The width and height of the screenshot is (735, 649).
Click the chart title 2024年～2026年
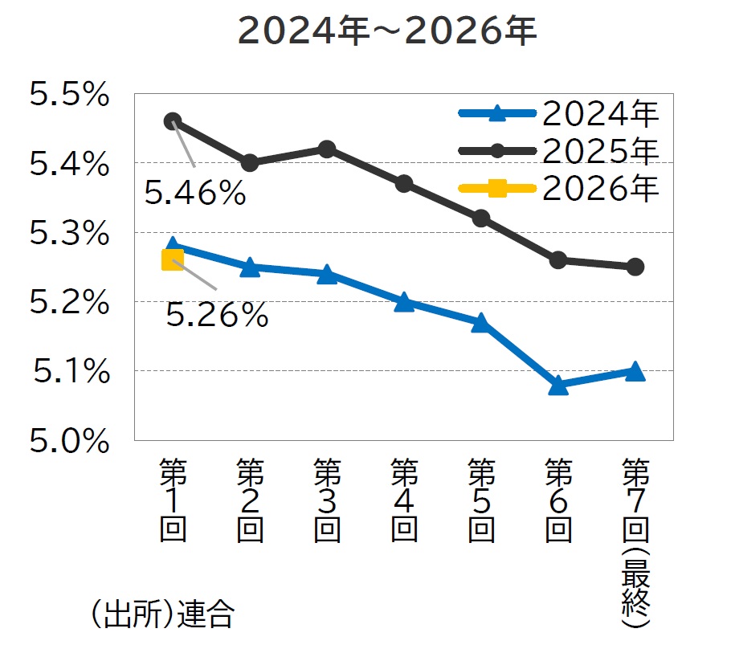(387, 31)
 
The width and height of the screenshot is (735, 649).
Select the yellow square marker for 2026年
(173, 259)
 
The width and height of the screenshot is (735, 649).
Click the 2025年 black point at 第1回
(173, 121)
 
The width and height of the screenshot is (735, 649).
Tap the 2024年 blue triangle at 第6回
(558, 386)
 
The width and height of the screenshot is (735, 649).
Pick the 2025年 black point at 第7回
(635, 267)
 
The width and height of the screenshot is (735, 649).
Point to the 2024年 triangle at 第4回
(404, 302)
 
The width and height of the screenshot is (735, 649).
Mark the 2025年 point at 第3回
(327, 149)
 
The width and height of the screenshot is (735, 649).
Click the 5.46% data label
(195, 194)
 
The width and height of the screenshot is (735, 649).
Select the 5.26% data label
(217, 315)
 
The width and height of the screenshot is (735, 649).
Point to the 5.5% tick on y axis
(69, 96)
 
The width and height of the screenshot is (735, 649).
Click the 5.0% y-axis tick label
(69, 441)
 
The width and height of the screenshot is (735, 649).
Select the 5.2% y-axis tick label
(69, 303)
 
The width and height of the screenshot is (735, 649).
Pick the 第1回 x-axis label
(173, 500)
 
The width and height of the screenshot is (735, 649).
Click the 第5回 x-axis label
(481, 500)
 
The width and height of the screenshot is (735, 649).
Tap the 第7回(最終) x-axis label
(635, 542)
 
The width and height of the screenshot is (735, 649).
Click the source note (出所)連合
(161, 615)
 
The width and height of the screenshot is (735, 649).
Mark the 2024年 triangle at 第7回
(635, 371)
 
